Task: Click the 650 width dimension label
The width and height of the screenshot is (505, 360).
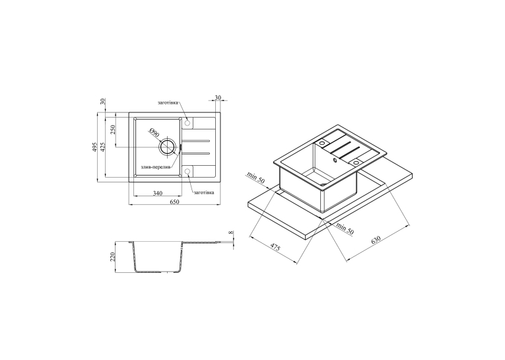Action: point(174,201)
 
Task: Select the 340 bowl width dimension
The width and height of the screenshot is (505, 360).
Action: point(158,193)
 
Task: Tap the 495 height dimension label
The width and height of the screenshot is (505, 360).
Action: point(94,147)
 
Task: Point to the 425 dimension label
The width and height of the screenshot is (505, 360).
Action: point(103,147)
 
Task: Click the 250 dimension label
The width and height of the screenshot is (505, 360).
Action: point(112,129)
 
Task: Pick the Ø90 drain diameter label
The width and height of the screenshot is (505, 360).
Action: point(154,133)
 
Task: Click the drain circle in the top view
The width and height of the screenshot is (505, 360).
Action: point(168,147)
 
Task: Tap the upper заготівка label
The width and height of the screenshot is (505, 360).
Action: point(168,103)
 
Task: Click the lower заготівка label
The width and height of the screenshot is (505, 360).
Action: point(203,192)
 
